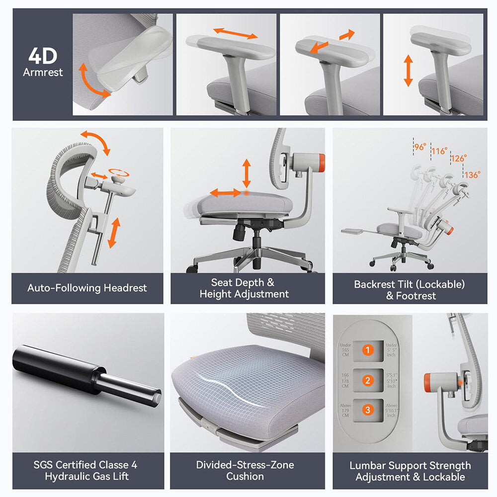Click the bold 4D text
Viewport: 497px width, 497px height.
(x=43, y=56)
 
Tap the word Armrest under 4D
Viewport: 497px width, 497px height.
(x=43, y=72)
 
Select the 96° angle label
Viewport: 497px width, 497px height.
(x=420, y=147)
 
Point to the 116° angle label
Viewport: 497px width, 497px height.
(x=439, y=151)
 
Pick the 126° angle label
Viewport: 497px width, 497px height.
(x=458, y=159)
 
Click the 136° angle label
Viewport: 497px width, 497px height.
(x=473, y=174)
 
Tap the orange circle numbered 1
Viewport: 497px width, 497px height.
(x=367, y=350)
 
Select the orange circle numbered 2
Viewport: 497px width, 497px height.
(x=367, y=381)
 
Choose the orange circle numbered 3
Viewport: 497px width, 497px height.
(x=367, y=410)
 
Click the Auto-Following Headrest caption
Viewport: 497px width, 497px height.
(x=87, y=288)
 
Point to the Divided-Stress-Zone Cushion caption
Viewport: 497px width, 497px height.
(x=245, y=471)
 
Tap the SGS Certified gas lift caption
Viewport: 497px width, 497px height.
(x=85, y=471)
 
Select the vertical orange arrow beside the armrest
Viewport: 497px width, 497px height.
(x=408, y=71)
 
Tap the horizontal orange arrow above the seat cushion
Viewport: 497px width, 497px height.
(x=226, y=192)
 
